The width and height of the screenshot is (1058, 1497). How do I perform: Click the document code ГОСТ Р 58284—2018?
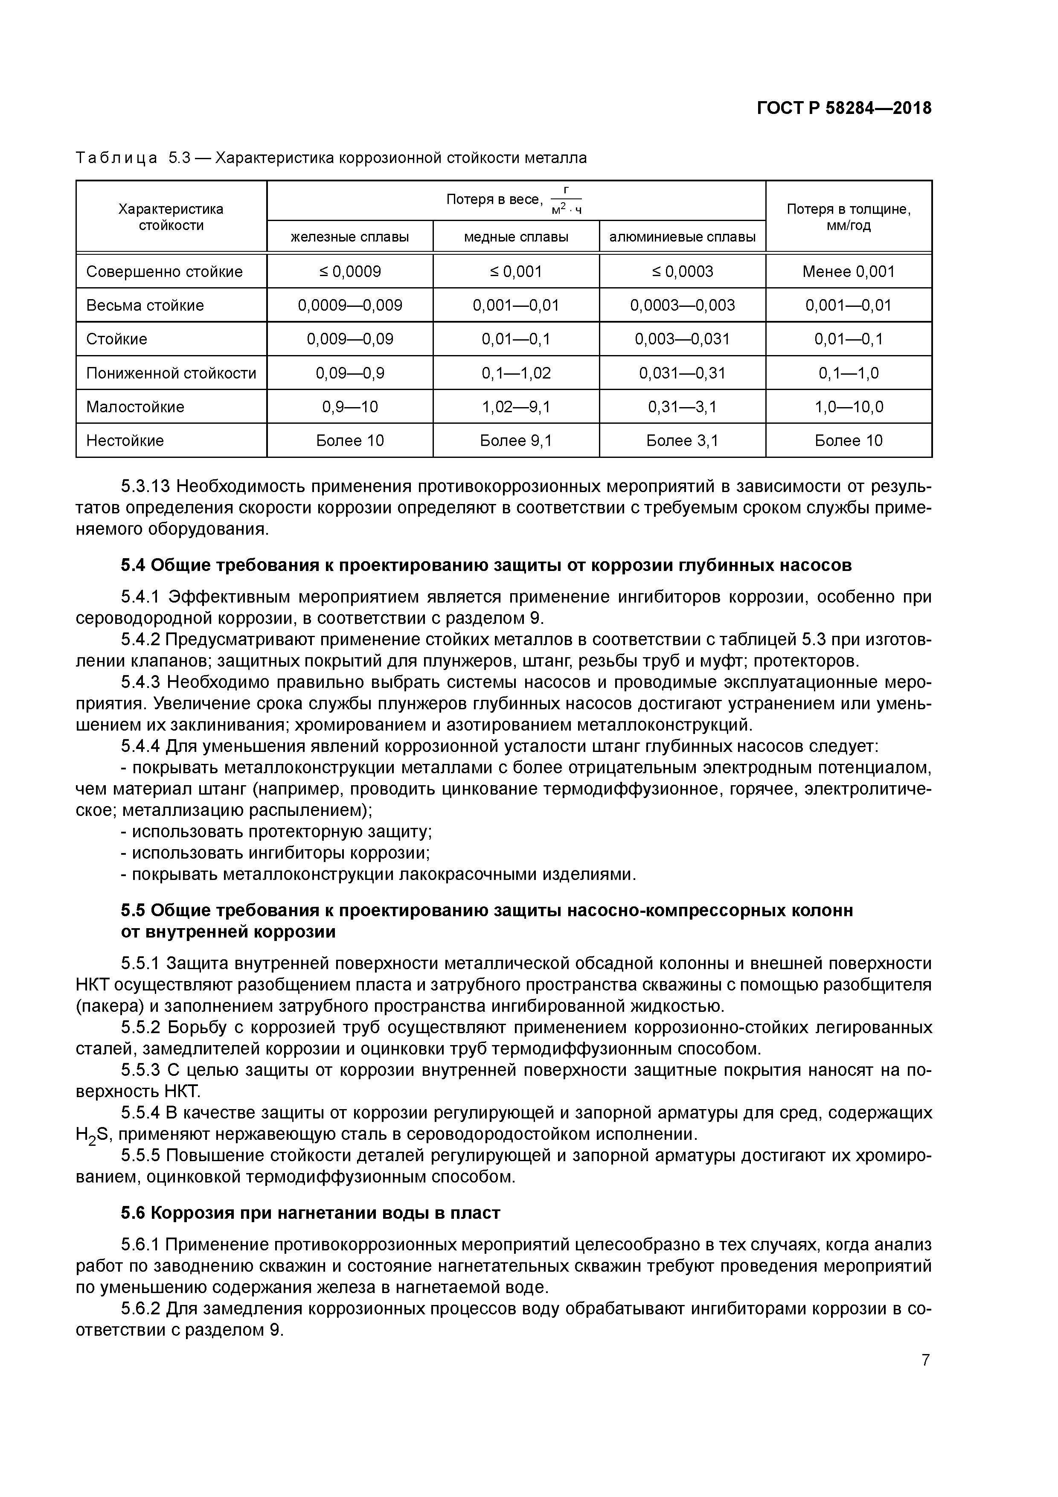844,108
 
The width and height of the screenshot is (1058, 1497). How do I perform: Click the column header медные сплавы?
516,237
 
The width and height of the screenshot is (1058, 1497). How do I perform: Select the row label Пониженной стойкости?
171,373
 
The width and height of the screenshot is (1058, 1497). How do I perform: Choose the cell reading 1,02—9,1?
516,407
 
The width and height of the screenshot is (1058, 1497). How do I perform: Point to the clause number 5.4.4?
141,746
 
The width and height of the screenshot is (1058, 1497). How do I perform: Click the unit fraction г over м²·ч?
566,200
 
